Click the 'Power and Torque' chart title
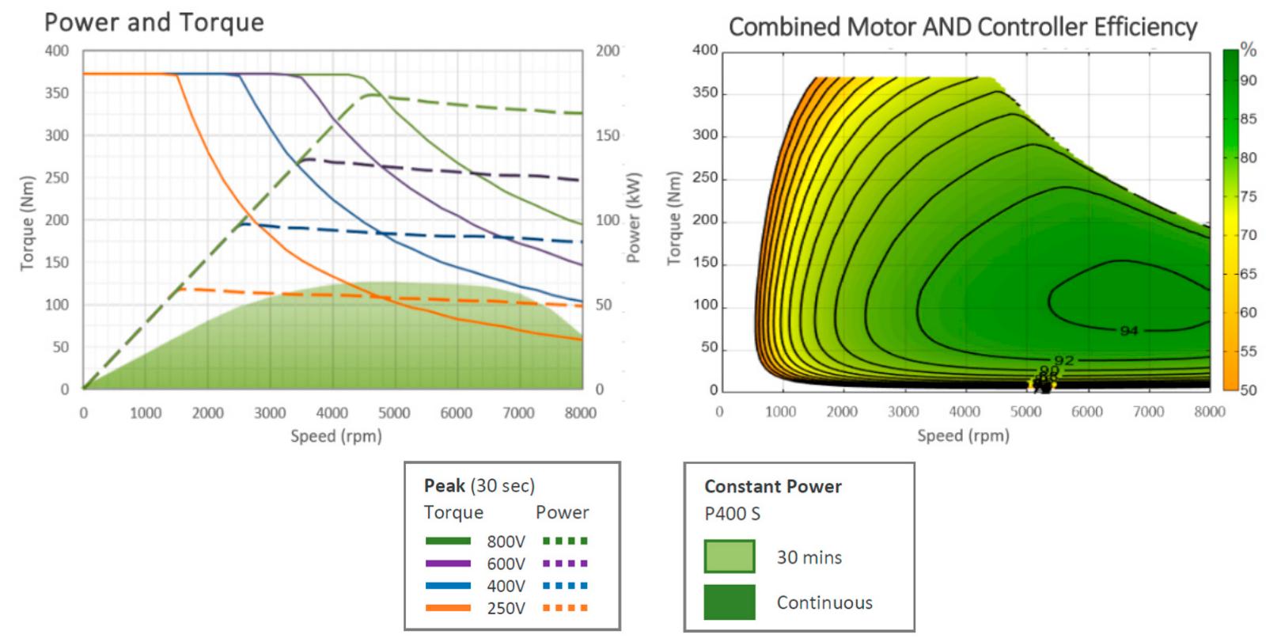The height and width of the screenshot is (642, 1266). tap(154, 22)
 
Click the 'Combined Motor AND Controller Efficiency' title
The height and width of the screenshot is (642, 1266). tap(962, 27)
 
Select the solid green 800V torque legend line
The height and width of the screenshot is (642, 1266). tap(448, 541)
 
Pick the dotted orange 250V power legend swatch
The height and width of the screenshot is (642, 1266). tap(565, 608)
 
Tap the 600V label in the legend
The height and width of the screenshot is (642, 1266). tap(506, 564)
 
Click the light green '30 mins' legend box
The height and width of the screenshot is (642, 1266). tap(729, 557)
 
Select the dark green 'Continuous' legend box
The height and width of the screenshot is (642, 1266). tap(729, 602)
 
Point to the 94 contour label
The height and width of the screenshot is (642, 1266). tap(1129, 330)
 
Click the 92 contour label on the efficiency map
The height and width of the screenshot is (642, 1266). tap(1064, 360)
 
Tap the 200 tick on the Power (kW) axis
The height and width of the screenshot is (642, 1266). tap(608, 51)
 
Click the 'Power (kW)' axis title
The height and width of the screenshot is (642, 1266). tap(634, 218)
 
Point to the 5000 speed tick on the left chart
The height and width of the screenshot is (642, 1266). tap(393, 412)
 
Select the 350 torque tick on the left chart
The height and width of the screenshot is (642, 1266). tap(56, 93)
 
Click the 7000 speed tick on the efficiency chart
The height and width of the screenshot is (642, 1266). tap(1148, 411)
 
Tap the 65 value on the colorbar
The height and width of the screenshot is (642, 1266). tap(1248, 274)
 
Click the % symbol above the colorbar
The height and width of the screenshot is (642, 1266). tap(1248, 49)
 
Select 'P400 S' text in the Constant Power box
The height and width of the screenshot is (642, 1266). tap(732, 514)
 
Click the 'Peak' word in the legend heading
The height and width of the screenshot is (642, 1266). tap(444, 485)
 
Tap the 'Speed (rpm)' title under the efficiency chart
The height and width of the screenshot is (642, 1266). tap(963, 435)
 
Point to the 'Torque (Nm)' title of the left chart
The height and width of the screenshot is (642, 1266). tap(28, 222)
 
